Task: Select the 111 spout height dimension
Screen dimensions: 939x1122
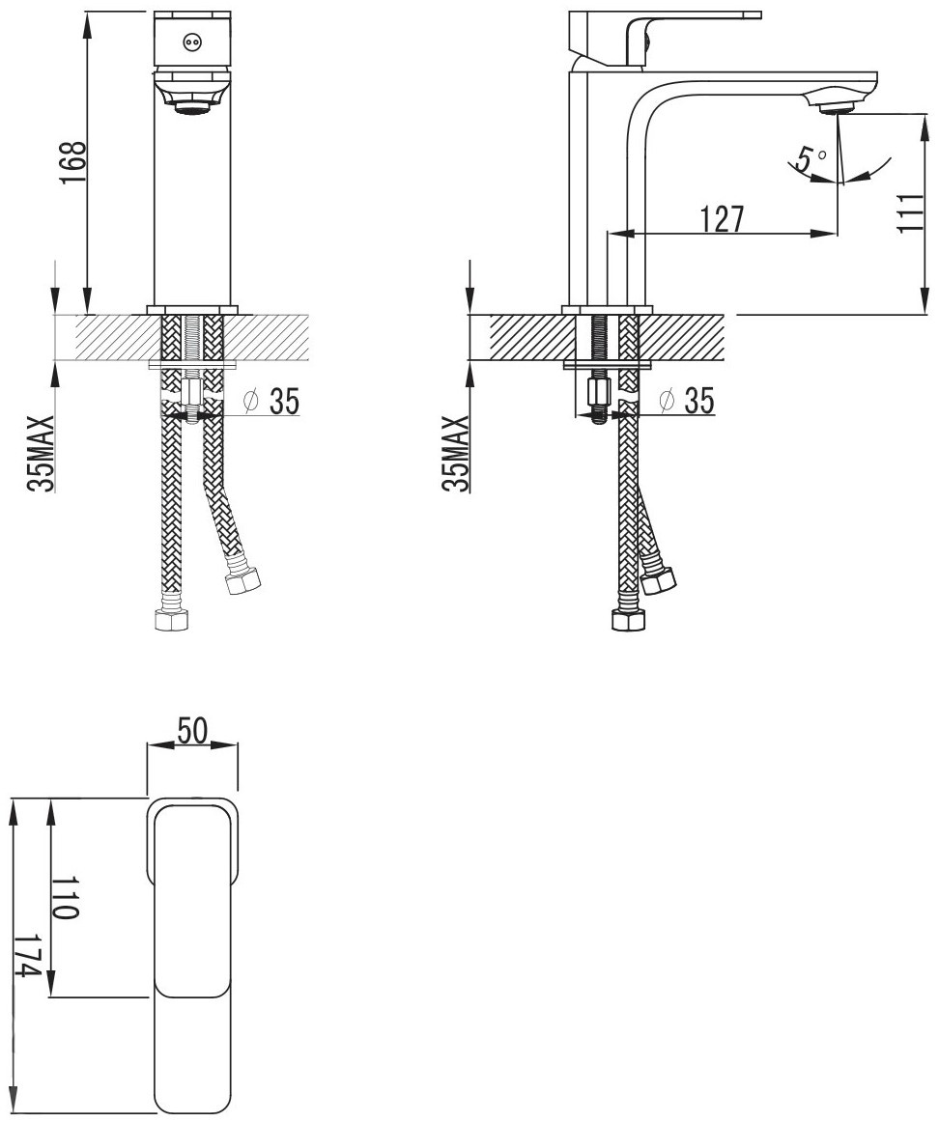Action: pos(909,212)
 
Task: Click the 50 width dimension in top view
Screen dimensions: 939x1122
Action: pos(191,731)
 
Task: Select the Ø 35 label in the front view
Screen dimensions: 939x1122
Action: pos(271,402)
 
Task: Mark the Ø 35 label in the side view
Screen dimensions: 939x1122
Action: pos(686,402)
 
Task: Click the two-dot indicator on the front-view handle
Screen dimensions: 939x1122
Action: pos(191,42)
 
